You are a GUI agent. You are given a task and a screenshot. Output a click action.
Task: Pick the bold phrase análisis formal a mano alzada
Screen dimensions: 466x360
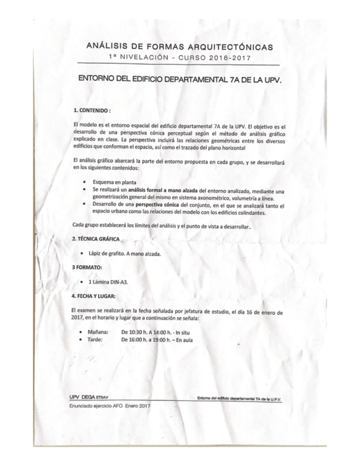pos(157,190)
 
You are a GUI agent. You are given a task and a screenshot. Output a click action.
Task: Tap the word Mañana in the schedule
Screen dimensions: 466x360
pos(98,332)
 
